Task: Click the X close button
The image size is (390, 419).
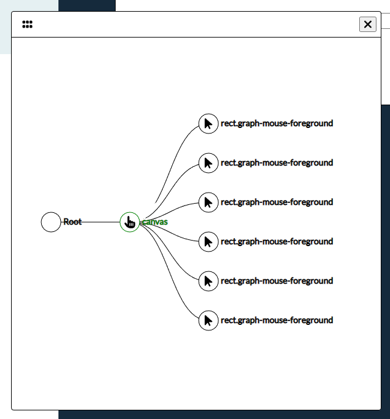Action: (367, 24)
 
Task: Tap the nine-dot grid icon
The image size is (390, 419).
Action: (27, 25)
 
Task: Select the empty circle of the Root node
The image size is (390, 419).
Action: (51, 222)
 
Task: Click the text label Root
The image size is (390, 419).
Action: (72, 222)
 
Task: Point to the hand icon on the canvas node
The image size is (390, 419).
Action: (129, 222)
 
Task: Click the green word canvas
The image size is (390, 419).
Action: (155, 222)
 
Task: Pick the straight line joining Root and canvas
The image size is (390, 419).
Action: (98, 222)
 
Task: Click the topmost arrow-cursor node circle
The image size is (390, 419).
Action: (209, 124)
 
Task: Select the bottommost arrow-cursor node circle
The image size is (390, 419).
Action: (209, 321)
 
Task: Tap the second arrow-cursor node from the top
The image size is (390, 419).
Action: (209, 163)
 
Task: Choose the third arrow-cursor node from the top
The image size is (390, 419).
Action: (209, 202)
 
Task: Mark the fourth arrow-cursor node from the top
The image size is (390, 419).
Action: (209, 242)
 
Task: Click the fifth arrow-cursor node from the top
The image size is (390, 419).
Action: (209, 281)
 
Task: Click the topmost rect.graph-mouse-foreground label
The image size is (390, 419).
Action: (277, 124)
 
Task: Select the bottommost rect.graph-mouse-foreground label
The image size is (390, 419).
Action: (277, 321)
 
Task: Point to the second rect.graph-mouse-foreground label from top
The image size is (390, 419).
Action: (277, 163)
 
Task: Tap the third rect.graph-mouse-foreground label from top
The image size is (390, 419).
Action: (277, 202)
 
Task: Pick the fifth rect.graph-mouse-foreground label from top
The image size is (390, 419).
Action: (277, 281)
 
